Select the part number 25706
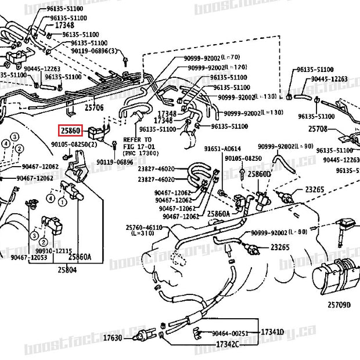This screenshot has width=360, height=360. coord(93,107)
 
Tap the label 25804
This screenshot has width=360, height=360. coord(67,269)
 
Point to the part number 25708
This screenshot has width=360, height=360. coord(318,128)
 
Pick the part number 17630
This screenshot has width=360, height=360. coord(113,337)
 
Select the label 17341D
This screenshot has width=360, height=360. coord(272,332)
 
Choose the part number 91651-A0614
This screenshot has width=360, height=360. coord(222,149)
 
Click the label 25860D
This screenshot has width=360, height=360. coord(259,174)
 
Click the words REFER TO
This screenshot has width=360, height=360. coord(137,140)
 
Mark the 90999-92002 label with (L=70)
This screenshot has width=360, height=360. coord(203,57)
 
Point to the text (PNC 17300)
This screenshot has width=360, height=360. coord(141,153)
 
